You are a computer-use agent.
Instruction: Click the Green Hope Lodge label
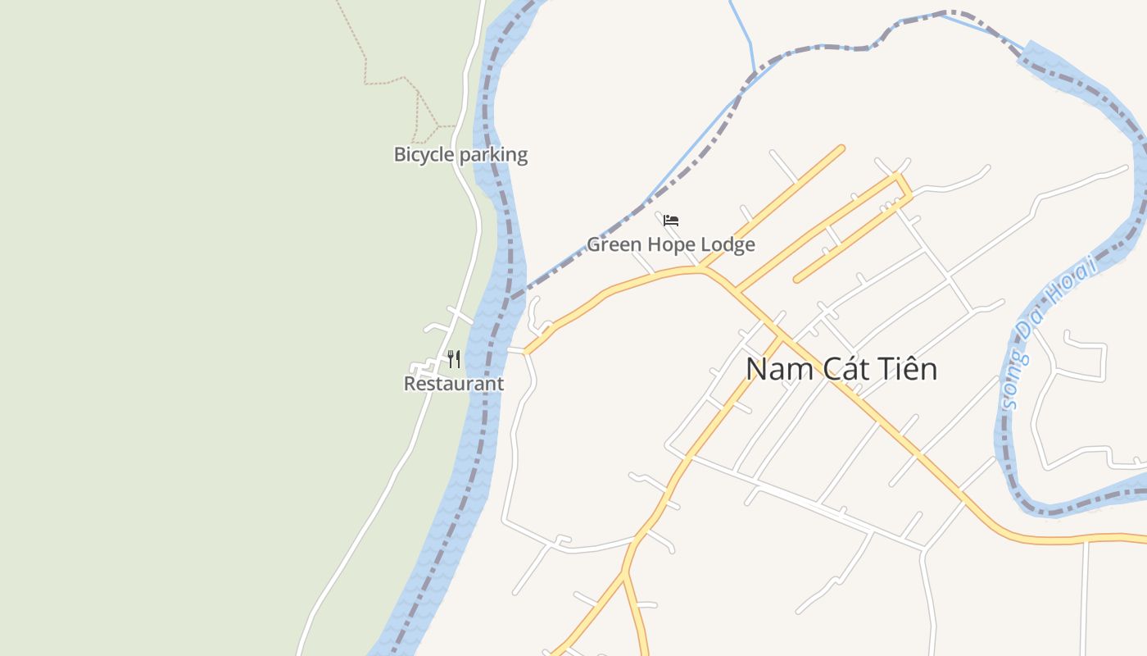(670, 244)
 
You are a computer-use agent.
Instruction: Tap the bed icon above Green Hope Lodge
(671, 221)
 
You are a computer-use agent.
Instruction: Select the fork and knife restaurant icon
(454, 358)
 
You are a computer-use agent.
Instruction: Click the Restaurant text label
(454, 384)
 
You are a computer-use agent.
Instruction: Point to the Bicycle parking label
(460, 154)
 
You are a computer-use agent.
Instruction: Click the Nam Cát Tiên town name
(841, 369)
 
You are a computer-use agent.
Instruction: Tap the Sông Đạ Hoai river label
(1049, 332)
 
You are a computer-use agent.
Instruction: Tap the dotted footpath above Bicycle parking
(385, 81)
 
